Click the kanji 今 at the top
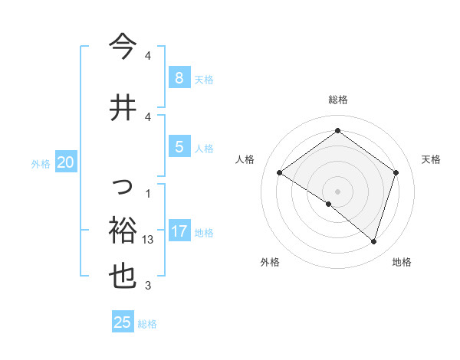pos(123,47)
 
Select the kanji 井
pos(123,107)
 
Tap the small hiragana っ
pos(123,186)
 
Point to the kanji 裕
pos(123,229)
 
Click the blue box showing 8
pos(179,78)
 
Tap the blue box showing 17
pos(179,231)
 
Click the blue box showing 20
pos(66,162)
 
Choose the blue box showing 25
pos(123,322)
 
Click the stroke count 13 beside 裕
pos(149,240)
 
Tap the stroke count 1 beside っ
pos(147,193)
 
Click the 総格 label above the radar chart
pos(337,100)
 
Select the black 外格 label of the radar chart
pos(270,262)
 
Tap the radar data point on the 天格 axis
pos(396,172)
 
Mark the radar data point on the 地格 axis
pos(373,241)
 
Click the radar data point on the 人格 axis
pos(279,172)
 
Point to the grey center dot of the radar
pos(337,191)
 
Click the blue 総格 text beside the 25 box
pos(147,324)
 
